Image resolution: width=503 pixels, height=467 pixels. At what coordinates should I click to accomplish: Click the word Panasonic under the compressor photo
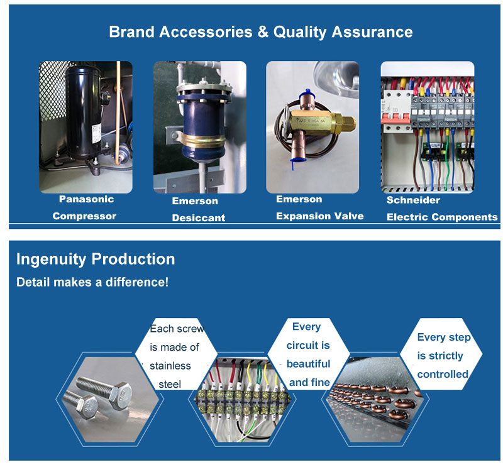(x=87, y=199)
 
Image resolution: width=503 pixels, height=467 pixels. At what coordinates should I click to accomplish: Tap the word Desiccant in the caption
(x=199, y=217)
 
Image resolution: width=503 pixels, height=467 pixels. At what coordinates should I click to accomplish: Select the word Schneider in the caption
(x=413, y=200)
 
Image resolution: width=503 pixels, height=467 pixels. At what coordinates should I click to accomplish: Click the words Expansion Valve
(x=320, y=216)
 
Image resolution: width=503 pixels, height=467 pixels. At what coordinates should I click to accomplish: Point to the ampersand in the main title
(x=263, y=32)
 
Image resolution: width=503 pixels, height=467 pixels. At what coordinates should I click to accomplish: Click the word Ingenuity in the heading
(x=52, y=259)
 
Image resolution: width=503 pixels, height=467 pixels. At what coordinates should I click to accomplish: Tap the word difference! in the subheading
(x=137, y=282)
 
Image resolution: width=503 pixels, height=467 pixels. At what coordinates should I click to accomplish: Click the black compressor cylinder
(x=84, y=113)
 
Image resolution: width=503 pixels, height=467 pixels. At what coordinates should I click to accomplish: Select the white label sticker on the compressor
(x=97, y=134)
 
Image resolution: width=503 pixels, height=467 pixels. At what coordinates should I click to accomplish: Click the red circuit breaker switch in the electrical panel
(x=395, y=118)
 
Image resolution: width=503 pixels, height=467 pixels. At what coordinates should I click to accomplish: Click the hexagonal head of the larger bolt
(x=121, y=396)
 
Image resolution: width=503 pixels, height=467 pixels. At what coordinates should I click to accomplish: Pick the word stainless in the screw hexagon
(x=170, y=366)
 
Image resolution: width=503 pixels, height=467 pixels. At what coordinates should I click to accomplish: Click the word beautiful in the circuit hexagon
(x=308, y=364)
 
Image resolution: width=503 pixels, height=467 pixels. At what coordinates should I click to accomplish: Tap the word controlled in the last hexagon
(x=443, y=375)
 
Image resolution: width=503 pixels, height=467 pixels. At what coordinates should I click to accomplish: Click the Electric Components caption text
(x=442, y=217)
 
